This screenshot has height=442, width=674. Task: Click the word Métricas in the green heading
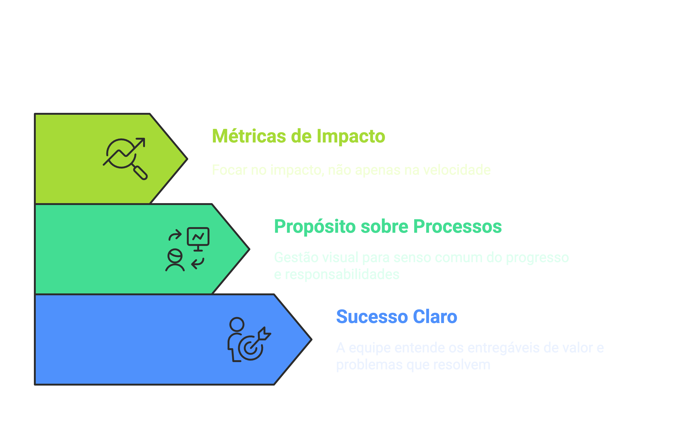tap(249, 136)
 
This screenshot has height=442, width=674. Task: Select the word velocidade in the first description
tap(457, 170)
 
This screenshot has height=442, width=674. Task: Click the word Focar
tap(229, 170)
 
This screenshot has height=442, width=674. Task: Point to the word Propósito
tap(315, 226)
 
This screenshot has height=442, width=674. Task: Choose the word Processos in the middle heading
tap(457, 226)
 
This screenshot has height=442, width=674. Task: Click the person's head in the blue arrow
tap(237, 324)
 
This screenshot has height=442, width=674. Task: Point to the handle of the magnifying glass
tap(140, 173)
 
